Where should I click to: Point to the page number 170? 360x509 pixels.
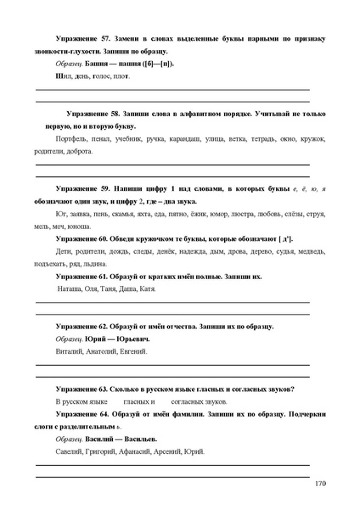pos(319,484)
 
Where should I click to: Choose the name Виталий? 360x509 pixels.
pos(70,351)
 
